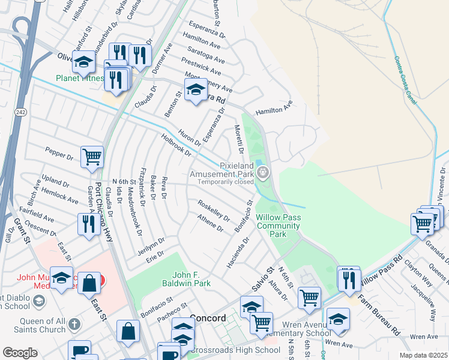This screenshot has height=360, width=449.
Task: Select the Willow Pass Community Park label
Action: click(278, 226)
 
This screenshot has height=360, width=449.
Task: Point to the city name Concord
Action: click(207, 318)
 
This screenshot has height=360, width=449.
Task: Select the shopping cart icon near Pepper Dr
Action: click(92, 157)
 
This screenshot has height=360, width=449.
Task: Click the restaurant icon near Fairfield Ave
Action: click(89, 224)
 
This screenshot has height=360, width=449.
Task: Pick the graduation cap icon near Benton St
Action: click(195, 90)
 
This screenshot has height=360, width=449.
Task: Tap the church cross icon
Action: click(74, 325)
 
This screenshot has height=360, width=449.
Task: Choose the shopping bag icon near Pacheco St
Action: click(128, 330)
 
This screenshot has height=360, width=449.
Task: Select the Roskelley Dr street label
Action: click(214, 211)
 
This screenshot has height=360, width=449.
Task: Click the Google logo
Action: click(20, 353)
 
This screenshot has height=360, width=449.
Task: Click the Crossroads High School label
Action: click(233, 349)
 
